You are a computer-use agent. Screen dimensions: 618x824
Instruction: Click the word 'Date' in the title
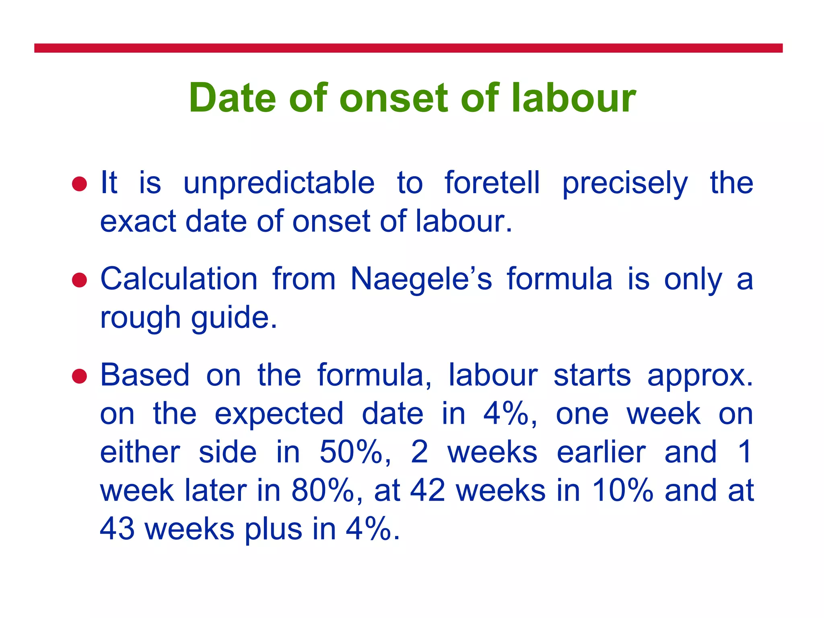click(x=233, y=98)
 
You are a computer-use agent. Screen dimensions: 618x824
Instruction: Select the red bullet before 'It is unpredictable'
click(x=79, y=184)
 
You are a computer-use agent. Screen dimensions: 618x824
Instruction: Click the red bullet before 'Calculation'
click(x=79, y=280)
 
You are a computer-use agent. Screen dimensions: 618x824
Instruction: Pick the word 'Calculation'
click(x=179, y=279)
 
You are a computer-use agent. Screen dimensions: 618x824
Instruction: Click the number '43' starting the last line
click(x=117, y=529)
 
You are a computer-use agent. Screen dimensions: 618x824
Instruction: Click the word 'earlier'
click(x=601, y=452)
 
